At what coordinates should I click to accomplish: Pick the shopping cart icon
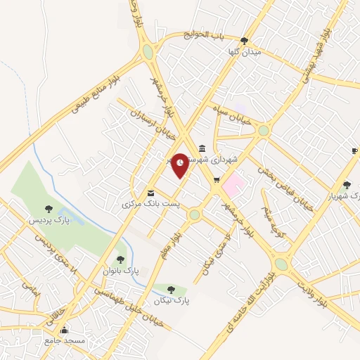[x=216, y=181]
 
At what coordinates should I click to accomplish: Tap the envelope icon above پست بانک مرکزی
[x=150, y=193]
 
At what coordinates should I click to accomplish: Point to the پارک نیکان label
[x=170, y=300]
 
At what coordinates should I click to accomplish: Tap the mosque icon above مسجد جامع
[x=65, y=330]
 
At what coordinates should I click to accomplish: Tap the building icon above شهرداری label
[x=202, y=148]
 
